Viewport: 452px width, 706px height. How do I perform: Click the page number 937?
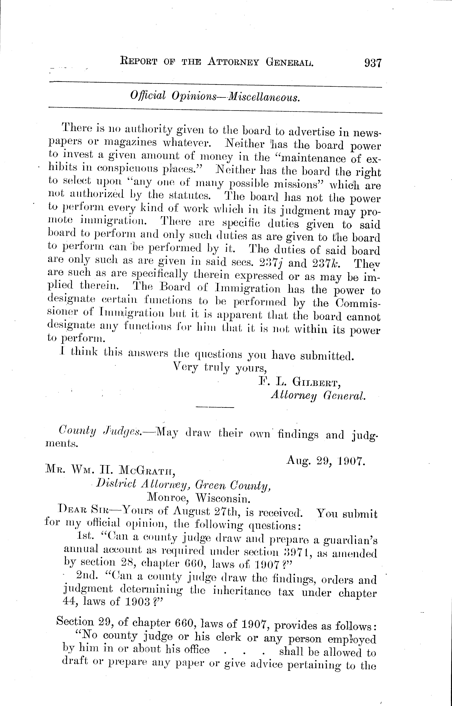pyautogui.click(x=372, y=63)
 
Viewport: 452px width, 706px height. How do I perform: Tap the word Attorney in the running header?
pyautogui.click(x=233, y=62)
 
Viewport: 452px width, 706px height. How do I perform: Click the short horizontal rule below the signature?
pyautogui.click(x=215, y=407)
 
